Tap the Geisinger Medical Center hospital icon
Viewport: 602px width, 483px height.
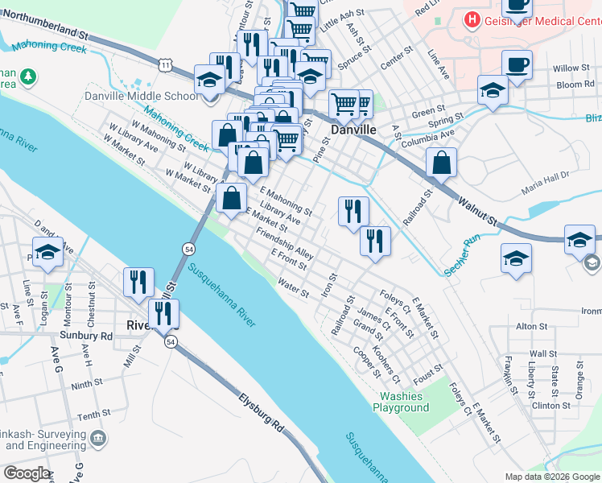(472, 19)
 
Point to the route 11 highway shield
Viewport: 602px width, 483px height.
(165, 62)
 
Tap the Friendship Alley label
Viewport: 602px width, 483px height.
(284, 242)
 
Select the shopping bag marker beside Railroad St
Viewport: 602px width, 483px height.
(442, 163)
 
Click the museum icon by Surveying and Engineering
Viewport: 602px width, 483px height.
(98, 438)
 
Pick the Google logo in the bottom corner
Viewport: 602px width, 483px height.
(26, 473)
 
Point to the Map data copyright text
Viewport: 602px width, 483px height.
(552, 477)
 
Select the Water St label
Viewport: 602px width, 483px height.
(293, 287)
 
